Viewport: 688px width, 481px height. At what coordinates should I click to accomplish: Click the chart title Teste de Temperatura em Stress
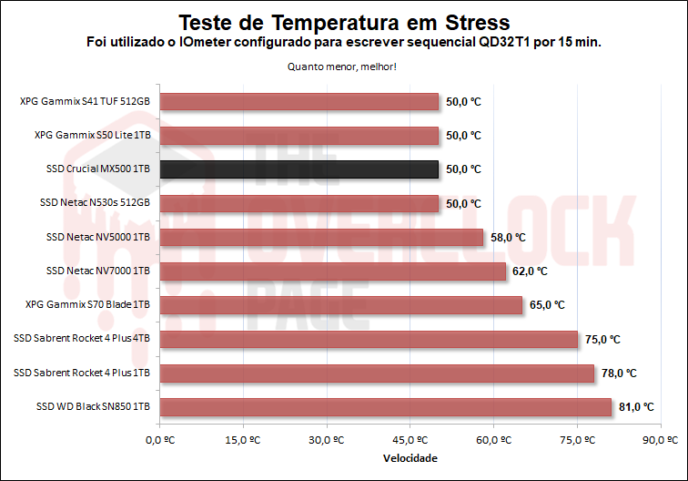point(343,21)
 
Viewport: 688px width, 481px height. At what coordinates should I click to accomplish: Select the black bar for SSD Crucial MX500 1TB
point(298,169)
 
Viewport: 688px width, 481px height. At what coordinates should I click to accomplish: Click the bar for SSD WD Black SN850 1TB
point(385,407)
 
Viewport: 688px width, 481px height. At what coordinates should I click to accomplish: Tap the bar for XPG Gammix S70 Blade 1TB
point(340,305)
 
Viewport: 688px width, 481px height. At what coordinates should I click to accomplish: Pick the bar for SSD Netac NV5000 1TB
point(321,237)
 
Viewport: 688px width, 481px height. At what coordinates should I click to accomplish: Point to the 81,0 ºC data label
point(636,407)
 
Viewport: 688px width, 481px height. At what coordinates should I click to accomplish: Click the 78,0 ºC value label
point(619,374)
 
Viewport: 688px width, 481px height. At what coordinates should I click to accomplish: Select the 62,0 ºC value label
point(530,271)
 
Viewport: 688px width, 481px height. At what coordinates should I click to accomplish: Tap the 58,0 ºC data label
point(508,237)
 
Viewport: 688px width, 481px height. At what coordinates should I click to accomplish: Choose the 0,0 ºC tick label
point(159,440)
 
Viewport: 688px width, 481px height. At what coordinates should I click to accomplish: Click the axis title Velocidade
point(410,458)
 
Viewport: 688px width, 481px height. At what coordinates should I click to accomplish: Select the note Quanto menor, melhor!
point(343,66)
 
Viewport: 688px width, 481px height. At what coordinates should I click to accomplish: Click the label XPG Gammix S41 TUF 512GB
point(85,101)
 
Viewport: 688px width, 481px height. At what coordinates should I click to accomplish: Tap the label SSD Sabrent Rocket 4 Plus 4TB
point(82,339)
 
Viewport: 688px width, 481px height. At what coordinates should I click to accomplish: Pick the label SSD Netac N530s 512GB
point(95,203)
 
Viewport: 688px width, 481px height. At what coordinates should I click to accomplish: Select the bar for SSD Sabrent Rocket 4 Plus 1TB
point(377,374)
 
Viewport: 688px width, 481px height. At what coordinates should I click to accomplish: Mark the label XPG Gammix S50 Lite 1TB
point(92,135)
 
